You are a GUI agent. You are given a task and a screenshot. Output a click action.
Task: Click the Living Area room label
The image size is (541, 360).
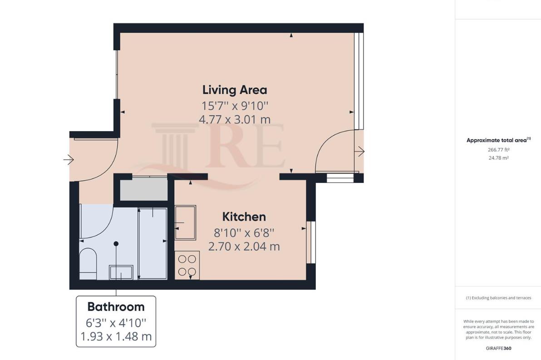click(x=234, y=90)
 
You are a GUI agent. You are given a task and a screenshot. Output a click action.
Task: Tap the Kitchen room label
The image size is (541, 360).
click(x=244, y=217)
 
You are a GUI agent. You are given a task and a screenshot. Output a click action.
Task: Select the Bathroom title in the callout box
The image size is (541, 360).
click(x=116, y=307)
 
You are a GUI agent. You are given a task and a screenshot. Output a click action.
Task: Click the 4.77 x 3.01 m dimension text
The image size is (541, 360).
click(x=234, y=120)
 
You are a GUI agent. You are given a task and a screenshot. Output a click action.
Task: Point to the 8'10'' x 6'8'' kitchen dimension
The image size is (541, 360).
click(x=244, y=233)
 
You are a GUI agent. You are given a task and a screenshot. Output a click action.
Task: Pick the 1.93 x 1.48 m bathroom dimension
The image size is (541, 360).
click(x=116, y=337)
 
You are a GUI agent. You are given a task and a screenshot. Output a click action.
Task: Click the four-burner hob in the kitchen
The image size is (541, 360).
click(x=187, y=265)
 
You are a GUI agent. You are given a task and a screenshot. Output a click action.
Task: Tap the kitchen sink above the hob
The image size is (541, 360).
click(x=186, y=222)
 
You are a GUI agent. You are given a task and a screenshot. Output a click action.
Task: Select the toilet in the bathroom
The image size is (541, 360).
click(x=88, y=263)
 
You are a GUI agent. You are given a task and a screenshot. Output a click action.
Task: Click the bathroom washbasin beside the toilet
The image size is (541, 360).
click(x=121, y=272)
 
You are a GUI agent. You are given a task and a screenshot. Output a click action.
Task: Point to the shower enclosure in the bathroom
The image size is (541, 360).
click(x=152, y=243)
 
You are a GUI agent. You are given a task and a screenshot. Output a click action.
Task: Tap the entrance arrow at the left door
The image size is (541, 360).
click(x=69, y=160)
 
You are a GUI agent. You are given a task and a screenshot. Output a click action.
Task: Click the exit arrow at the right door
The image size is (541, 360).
click(x=360, y=151)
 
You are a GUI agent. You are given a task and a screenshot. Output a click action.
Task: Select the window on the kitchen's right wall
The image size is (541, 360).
click(x=311, y=242)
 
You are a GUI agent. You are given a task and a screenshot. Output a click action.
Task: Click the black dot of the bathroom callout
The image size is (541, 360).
click(x=116, y=244)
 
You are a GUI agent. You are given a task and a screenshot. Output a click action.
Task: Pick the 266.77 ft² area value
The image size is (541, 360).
click(x=498, y=149)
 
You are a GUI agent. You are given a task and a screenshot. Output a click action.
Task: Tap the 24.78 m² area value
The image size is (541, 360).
click(x=498, y=158)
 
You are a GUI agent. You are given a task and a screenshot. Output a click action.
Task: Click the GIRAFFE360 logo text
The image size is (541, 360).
click(x=498, y=349)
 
